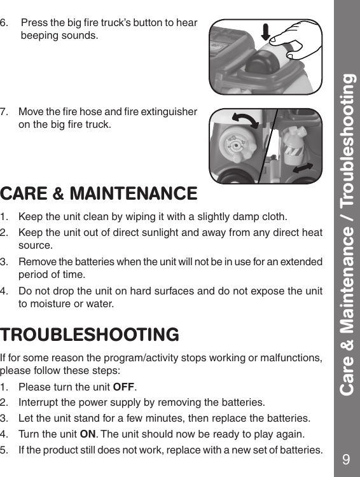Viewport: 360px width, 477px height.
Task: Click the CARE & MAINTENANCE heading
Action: pyautogui.click(x=99, y=193)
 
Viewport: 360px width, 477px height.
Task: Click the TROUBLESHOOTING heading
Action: pyautogui.click(x=90, y=335)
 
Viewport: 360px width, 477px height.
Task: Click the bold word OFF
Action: pyautogui.click(x=123, y=387)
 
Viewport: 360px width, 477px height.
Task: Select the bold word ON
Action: pyautogui.click(x=87, y=434)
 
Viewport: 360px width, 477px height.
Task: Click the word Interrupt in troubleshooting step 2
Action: pyautogui.click(x=39, y=403)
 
